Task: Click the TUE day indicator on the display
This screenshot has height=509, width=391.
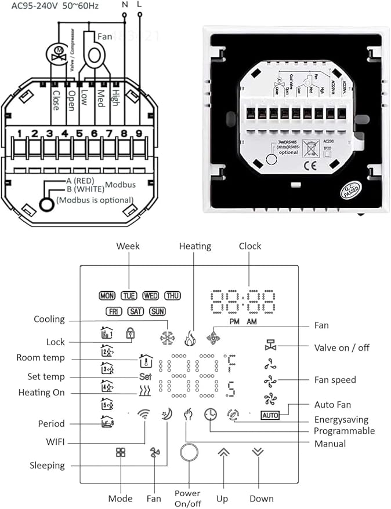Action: click(129, 295)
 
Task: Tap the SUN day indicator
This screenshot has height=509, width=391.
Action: click(157, 311)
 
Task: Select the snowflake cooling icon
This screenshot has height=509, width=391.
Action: click(167, 338)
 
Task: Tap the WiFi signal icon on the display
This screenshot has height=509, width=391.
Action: click(143, 415)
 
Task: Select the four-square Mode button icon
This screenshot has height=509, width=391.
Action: click(121, 453)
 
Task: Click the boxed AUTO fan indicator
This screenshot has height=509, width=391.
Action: click(270, 415)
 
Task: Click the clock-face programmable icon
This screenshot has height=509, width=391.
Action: click(210, 415)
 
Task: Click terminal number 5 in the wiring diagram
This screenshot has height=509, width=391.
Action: click(79, 134)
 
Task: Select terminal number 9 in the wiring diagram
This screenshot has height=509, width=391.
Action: click(139, 134)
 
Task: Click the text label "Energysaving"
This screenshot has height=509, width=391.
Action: click(342, 420)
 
